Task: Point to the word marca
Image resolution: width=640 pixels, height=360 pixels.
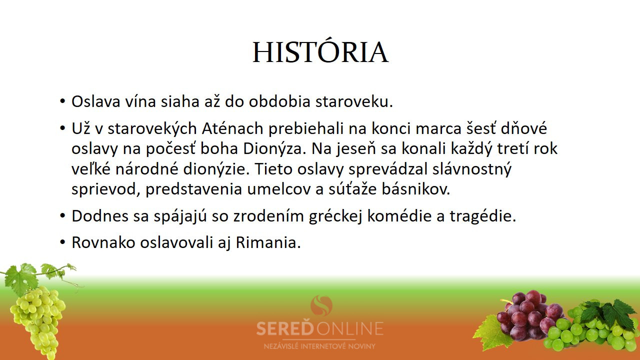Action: pyautogui.click(x=438, y=129)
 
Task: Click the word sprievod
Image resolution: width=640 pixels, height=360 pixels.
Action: pyautogui.click(x=105, y=189)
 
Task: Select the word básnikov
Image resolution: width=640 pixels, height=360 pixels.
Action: pyautogui.click(x=416, y=189)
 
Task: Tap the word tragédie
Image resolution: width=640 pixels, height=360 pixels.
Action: pyautogui.click(x=483, y=216)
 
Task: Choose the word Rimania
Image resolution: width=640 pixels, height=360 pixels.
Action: pyautogui.click(x=268, y=243)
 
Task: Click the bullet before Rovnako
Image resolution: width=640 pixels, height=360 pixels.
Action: pyautogui.click(x=63, y=242)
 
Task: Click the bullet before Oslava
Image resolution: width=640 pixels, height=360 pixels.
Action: pyautogui.click(x=63, y=101)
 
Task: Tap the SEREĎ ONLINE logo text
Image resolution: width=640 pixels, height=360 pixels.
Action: pyautogui.click(x=319, y=328)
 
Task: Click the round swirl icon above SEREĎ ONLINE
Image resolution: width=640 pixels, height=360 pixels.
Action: pyautogui.click(x=321, y=305)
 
